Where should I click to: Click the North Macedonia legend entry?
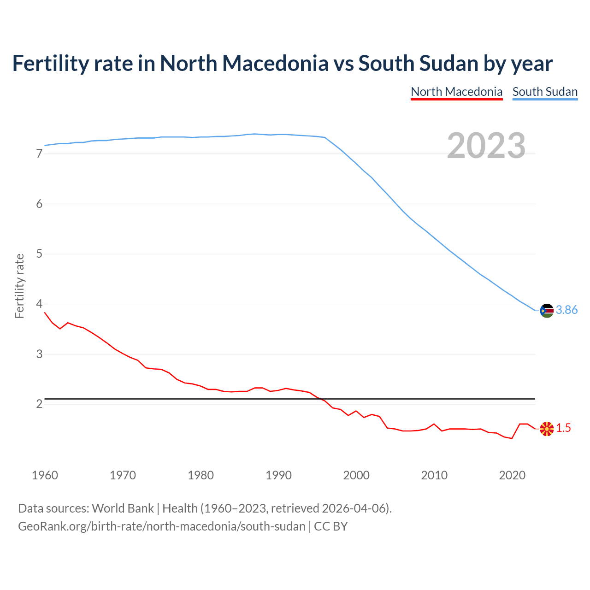pos(456,92)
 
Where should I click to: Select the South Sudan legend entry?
pos(545,92)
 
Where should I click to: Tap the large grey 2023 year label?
pos(486,146)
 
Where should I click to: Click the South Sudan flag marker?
pos(547,311)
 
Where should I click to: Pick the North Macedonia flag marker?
pos(547,429)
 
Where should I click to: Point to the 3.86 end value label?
pos(566,310)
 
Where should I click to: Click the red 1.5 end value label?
pos(563,428)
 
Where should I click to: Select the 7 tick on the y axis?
pos(39,154)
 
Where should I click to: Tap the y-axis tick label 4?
pos(39,304)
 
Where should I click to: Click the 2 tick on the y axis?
pos(39,404)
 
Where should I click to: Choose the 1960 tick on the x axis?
pos(45,475)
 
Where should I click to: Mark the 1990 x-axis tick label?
pos(278,475)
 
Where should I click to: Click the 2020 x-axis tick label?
pos(512,475)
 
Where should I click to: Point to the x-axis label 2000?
pos(356,475)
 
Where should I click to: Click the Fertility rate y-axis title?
pos(19,286)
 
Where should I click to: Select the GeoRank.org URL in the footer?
pos(161,526)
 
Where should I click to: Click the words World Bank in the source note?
pos(123,508)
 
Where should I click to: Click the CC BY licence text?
pos(331,526)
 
